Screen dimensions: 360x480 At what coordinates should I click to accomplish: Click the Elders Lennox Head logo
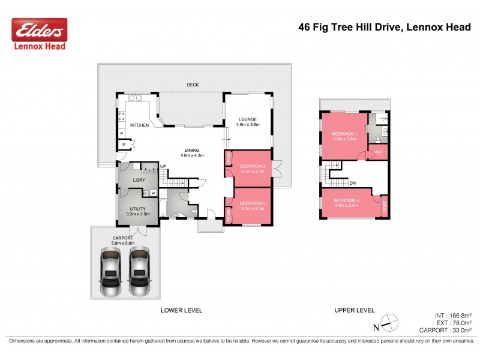40,34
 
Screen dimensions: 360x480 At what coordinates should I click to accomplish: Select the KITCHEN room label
139,125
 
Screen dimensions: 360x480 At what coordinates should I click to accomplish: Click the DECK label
193,85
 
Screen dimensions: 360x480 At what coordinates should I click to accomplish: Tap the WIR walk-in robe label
378,152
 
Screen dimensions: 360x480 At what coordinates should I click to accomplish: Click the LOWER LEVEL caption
181,310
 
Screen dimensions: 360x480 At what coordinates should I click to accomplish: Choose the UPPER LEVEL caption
354,310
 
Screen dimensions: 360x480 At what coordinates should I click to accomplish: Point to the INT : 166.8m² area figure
453,314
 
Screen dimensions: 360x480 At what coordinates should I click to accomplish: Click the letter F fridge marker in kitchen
122,133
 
